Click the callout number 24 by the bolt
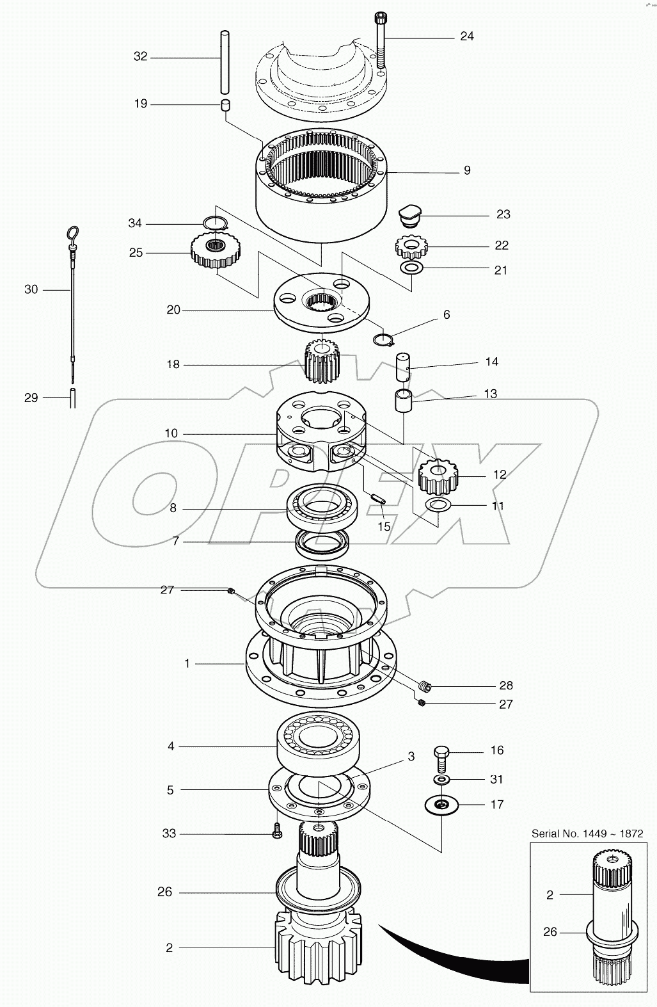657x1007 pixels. [x=467, y=36]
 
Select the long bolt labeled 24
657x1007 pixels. [x=381, y=42]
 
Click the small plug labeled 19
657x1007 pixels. [x=225, y=106]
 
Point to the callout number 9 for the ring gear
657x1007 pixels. [x=467, y=170]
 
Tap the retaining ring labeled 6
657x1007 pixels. [x=383, y=339]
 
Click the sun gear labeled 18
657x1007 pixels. [x=322, y=361]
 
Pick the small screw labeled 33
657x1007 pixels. [x=276, y=831]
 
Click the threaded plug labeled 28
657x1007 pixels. [x=426, y=687]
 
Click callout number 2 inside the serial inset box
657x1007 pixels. [x=550, y=895]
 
